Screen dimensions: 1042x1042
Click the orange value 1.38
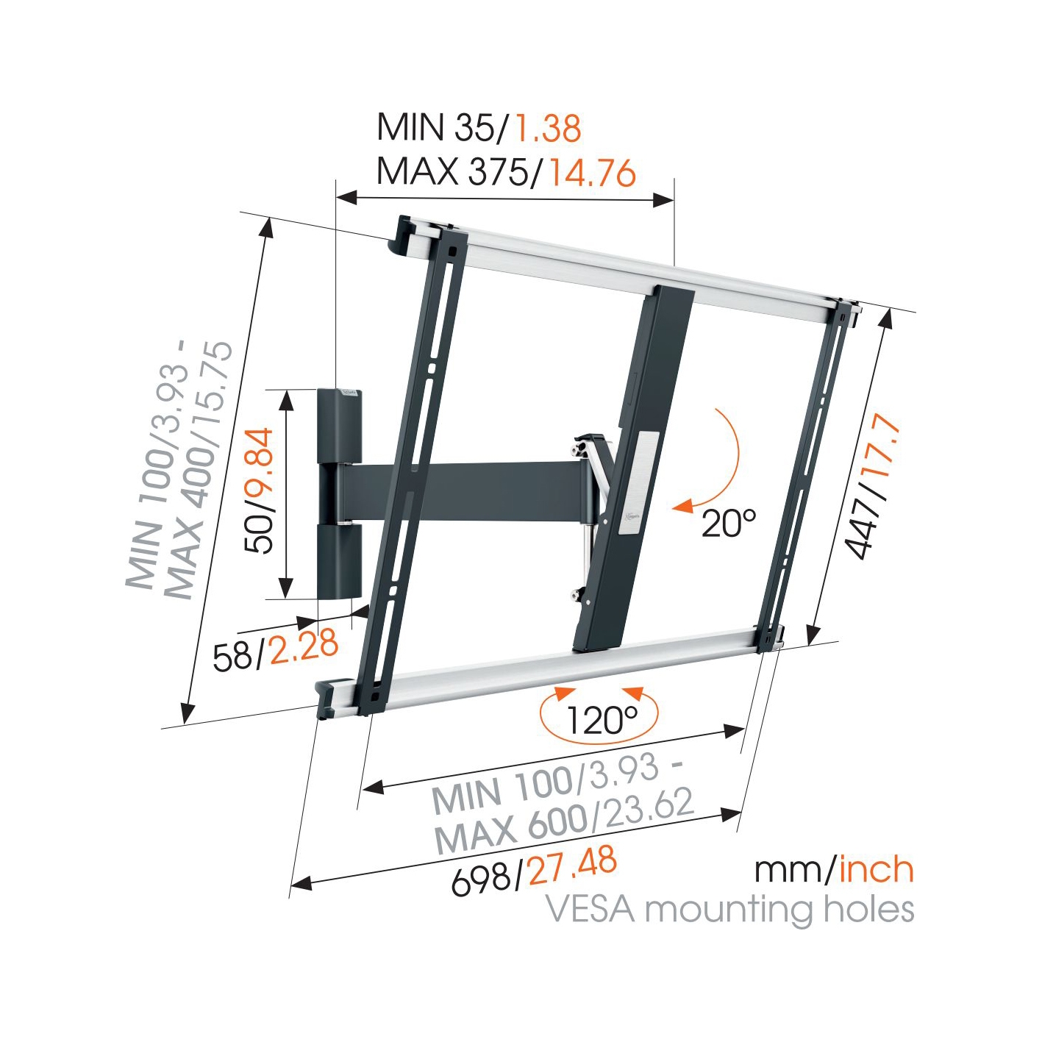click(x=547, y=128)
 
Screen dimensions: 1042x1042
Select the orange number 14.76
click(x=593, y=174)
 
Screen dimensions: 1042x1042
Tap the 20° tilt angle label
click(x=728, y=523)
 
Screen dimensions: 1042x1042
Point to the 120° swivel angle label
click(x=601, y=719)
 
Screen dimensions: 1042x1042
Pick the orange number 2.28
click(x=303, y=646)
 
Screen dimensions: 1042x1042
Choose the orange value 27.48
click(x=572, y=866)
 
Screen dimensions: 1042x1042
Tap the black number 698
click(x=481, y=879)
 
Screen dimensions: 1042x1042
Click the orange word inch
click(x=876, y=870)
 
